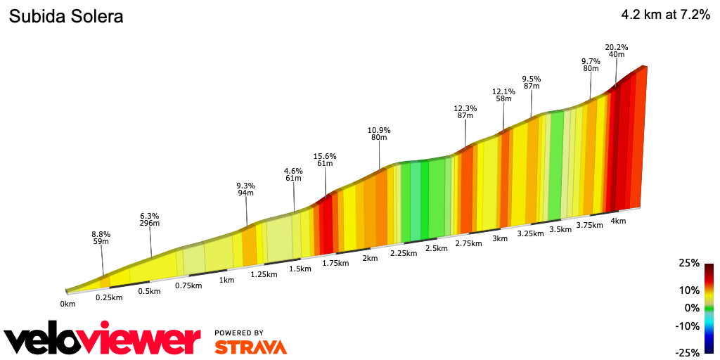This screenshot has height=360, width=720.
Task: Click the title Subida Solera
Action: coord(65,17)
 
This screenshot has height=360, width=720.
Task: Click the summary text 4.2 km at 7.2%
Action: coord(665,15)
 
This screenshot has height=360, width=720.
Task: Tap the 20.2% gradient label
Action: coord(616,47)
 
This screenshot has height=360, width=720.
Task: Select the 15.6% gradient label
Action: coord(325,156)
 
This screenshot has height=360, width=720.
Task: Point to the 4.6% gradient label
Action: coord(293,171)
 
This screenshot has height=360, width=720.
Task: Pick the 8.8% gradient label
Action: coord(101,234)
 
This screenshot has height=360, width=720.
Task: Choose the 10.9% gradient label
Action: coord(379,130)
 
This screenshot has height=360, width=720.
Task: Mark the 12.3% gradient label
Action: coord(465,108)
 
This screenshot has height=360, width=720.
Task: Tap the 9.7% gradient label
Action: coord(591,61)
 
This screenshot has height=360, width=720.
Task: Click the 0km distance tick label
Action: coord(67,304)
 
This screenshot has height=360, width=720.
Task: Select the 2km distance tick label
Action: coord(370,258)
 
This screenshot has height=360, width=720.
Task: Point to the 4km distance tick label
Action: coord(618,221)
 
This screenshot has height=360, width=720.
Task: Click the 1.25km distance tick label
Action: coord(264,274)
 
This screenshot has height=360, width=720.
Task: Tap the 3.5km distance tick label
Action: coord(560,229)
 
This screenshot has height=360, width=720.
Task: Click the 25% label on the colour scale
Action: coord(689,263)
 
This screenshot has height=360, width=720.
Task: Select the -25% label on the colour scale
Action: coord(687,352)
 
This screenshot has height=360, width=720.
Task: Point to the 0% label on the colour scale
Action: coord(692,308)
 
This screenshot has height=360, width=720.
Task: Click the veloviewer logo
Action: coord(103,340)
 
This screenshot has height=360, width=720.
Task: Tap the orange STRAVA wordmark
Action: coord(250,347)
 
